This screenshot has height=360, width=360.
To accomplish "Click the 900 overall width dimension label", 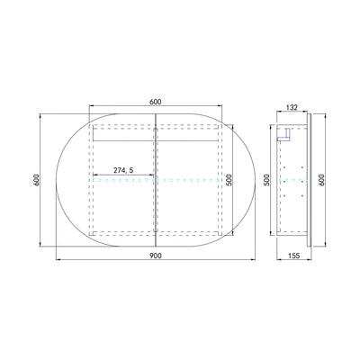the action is (x=156, y=256).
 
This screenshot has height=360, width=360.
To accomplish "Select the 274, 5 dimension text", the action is (x=123, y=170).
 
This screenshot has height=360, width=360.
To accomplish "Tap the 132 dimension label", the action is (x=292, y=107).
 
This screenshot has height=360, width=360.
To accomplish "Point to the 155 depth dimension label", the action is (x=294, y=256).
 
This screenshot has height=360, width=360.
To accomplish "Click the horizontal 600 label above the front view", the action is (x=156, y=102).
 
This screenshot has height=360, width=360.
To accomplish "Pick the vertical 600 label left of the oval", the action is (x=37, y=180).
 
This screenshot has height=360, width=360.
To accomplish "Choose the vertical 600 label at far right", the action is (x=321, y=180).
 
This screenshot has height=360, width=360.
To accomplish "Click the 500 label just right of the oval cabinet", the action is (x=229, y=180).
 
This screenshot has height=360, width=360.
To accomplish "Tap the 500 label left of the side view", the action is (x=267, y=180).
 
